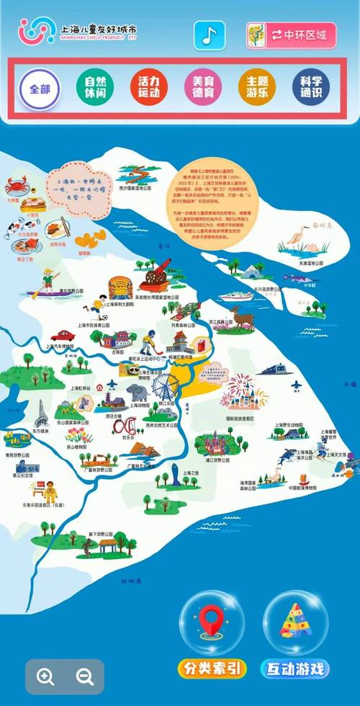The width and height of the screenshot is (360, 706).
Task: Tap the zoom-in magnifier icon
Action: [x=46, y=676]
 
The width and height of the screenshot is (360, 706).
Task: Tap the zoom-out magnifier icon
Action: [x=85, y=676]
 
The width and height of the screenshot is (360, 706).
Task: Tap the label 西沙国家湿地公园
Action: [x=138, y=187]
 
